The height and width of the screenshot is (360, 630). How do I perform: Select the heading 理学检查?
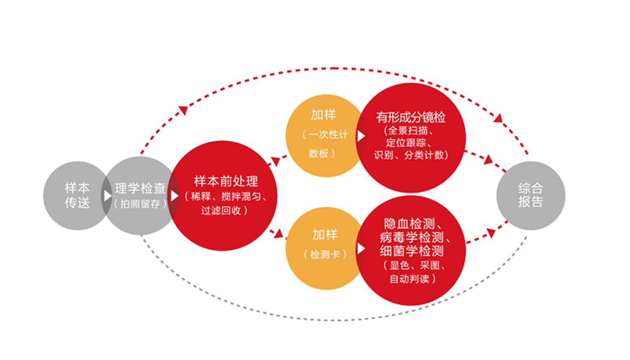tap(140, 188)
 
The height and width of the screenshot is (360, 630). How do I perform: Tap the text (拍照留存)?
tap(140, 204)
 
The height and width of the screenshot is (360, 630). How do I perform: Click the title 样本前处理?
tap(226, 181)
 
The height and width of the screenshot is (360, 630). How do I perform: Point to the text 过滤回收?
tap(221, 211)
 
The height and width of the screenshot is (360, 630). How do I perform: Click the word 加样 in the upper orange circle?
tap(323, 115)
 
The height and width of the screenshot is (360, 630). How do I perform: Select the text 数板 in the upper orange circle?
tap(319, 154)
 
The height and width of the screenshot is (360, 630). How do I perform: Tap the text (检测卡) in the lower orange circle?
tap(325, 255)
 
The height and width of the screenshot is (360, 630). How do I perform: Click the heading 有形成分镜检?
tap(411, 117)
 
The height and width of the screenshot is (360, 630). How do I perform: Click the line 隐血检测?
tap(409, 224)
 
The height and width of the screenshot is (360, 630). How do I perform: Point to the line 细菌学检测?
tap(412, 251)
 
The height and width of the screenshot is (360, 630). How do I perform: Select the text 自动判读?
tap(409, 279)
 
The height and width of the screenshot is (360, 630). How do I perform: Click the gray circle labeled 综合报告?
tap(531, 196)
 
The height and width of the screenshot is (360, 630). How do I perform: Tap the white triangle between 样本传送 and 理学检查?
tap(108, 196)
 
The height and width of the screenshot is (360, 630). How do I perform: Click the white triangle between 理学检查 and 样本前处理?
tap(175, 196)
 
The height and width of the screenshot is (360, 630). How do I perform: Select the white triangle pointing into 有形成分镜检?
tap(361, 136)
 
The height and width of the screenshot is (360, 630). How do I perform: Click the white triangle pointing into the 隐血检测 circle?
tap(361, 248)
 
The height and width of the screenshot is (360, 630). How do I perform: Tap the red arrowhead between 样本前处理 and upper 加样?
tap(275, 161)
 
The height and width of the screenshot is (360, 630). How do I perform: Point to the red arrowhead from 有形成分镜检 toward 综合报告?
tap(488, 160)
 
